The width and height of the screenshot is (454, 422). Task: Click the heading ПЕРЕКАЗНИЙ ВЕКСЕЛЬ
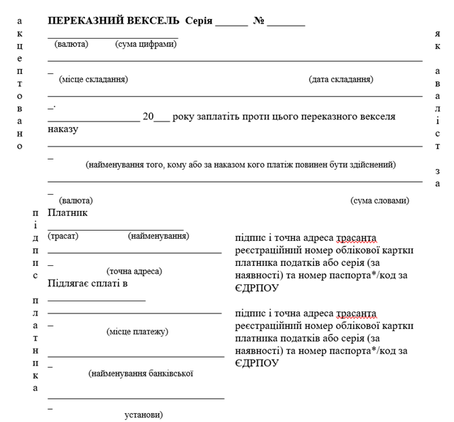tap(113, 21)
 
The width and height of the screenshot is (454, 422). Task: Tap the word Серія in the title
tap(198, 21)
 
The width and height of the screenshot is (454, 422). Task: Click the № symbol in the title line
tap(258, 21)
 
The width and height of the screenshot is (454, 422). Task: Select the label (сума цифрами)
tap(146, 44)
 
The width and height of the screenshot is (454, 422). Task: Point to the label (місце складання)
tap(93, 79)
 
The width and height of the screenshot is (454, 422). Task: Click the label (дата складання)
tap(341, 79)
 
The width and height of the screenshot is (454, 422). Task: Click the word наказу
tap(63, 129)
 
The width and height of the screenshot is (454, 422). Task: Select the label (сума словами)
tap(379, 201)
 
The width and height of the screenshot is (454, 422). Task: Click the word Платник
tap(68, 212)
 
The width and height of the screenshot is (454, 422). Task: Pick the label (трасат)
tap(63, 235)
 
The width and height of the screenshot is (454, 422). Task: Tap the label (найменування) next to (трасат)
tap(158, 235)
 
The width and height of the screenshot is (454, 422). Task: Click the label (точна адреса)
tap(134, 271)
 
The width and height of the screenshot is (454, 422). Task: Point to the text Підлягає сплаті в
tap(88, 282)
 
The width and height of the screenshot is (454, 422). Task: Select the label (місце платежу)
tap(137, 331)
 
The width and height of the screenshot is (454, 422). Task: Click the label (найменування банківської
tap(141, 373)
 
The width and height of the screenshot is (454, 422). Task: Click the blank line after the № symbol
tap(286, 24)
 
